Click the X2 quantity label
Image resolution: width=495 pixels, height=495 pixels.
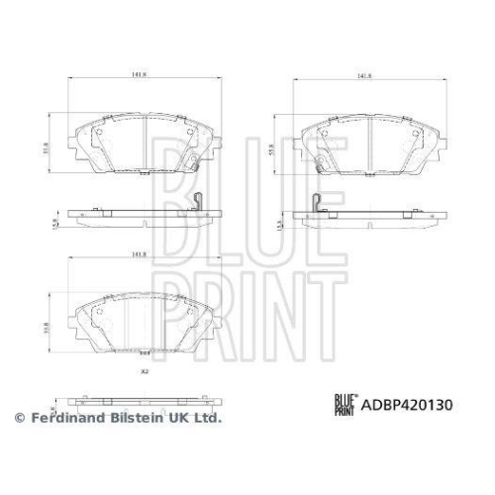[x=143, y=371]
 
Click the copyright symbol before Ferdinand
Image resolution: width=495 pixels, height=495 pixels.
[x=18, y=419]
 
